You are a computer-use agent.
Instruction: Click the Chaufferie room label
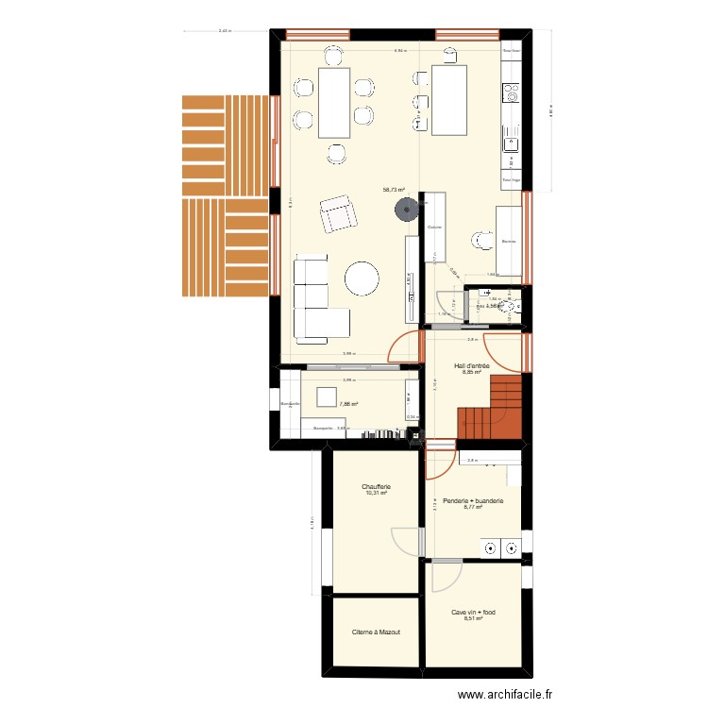(x=375, y=488)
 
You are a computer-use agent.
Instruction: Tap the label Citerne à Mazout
(x=376, y=632)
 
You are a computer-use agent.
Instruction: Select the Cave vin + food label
(x=473, y=612)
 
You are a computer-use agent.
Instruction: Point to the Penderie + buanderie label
(x=473, y=500)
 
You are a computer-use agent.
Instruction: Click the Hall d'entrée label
(x=472, y=364)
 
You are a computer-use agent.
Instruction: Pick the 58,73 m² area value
(x=394, y=189)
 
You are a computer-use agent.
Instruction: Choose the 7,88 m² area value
(x=349, y=404)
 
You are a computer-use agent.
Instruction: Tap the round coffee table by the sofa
(x=362, y=278)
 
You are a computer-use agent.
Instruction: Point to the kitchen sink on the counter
(x=511, y=143)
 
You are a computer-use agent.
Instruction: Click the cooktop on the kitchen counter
(x=511, y=93)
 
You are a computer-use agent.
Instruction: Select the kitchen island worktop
(x=449, y=97)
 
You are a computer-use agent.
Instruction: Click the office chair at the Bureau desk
(x=482, y=242)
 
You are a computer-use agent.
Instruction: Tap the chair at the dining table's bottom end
(x=335, y=151)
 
